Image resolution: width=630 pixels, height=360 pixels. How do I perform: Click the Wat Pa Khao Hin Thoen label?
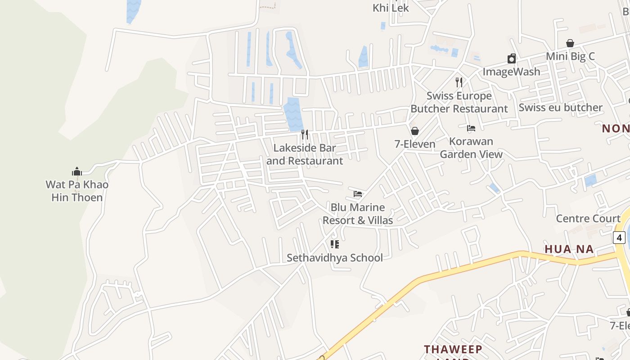(x=77, y=191)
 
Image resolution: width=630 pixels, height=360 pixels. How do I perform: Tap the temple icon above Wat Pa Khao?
(x=77, y=171)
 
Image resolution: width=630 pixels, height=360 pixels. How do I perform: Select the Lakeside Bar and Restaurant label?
(x=305, y=154)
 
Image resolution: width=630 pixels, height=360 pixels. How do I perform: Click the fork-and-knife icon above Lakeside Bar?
(x=305, y=135)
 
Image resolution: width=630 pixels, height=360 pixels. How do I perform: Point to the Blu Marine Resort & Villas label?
(x=358, y=214)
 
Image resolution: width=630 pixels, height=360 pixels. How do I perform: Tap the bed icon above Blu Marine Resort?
(x=358, y=194)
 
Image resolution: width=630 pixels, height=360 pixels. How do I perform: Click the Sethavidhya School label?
(x=335, y=258)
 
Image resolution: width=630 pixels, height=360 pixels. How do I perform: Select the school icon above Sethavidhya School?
(x=335, y=244)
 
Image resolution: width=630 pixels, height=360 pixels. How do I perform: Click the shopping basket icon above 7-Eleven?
(x=415, y=131)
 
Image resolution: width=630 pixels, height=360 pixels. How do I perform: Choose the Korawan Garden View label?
(x=471, y=148)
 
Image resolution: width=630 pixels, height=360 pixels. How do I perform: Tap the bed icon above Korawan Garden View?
(x=471, y=128)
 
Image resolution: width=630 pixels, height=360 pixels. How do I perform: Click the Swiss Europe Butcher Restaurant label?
(x=459, y=102)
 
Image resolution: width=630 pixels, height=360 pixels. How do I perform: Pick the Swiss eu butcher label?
(x=560, y=108)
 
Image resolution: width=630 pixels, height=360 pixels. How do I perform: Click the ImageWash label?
(x=511, y=72)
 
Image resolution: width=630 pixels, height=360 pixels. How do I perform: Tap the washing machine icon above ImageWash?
(x=512, y=58)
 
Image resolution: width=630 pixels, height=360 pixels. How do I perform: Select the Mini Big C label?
(x=570, y=56)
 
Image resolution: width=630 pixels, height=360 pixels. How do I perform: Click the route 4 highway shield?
(x=619, y=237)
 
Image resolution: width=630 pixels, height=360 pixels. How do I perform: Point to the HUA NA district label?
(x=569, y=249)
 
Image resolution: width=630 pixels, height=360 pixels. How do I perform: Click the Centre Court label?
(x=588, y=219)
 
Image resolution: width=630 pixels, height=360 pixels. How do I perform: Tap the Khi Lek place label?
(x=391, y=8)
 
